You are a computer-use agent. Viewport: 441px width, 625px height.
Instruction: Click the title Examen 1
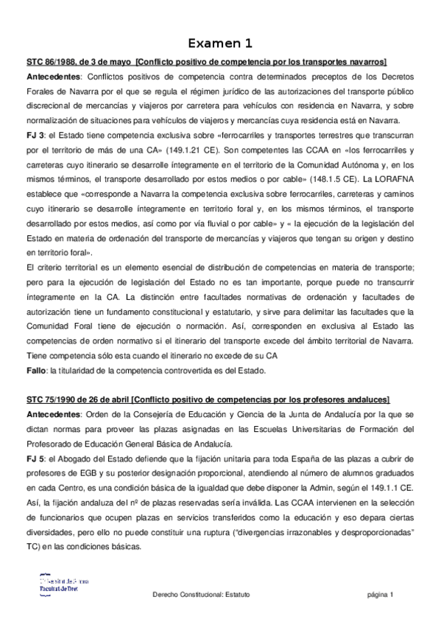click(219, 43)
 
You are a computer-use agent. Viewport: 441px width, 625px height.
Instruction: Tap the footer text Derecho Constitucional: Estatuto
click(201, 595)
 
